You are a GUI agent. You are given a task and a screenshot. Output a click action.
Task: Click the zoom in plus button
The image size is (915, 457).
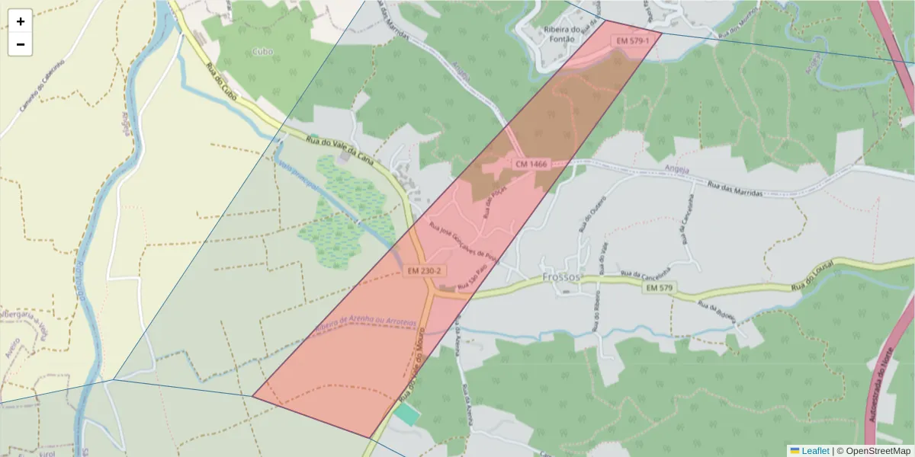(x=21, y=21)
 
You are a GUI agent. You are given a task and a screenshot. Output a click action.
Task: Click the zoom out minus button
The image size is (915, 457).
(x=21, y=44)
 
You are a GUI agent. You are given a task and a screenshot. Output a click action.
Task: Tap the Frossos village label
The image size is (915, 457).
(x=560, y=277)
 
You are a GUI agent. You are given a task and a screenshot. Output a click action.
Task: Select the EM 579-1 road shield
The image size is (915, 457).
(x=633, y=40)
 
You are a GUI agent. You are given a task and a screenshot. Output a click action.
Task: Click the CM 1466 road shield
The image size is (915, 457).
(x=531, y=165)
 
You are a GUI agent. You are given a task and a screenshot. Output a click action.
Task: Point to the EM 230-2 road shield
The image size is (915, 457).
(x=424, y=271)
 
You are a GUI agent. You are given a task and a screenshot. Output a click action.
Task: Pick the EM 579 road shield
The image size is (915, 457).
(x=660, y=289)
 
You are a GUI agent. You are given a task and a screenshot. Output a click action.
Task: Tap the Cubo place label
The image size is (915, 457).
(x=262, y=52)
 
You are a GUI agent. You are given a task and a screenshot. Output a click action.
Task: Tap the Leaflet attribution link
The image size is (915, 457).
(x=814, y=451)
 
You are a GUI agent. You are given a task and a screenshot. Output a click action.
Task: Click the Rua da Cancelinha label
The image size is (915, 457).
(x=646, y=272)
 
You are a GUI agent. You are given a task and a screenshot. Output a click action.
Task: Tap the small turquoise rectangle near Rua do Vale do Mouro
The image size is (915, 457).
(x=408, y=414)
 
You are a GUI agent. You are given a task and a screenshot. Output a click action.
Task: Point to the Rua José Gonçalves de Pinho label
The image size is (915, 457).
(x=464, y=243)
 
